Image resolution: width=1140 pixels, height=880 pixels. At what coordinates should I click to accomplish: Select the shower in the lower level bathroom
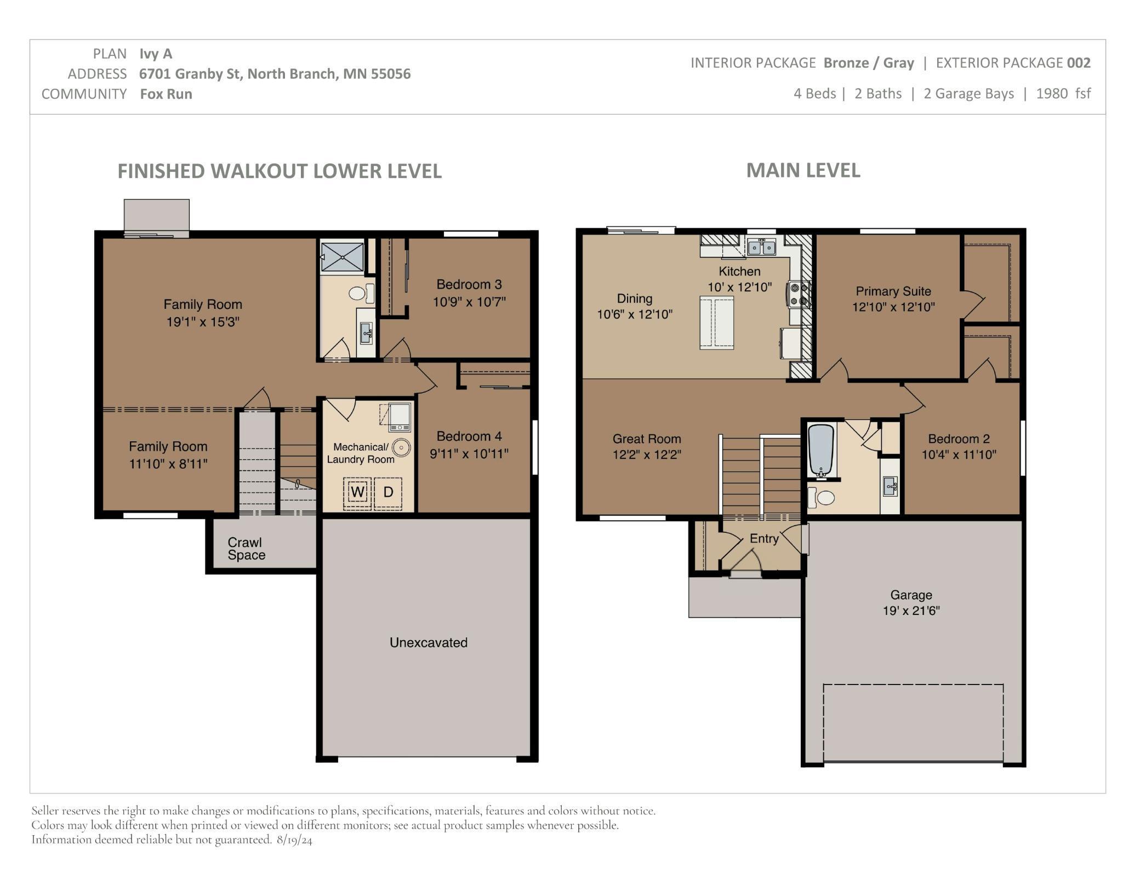point(342,256)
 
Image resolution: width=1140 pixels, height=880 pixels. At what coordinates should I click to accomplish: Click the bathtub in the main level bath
point(820,450)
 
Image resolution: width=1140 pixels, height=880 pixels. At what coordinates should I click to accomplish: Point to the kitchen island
point(716,323)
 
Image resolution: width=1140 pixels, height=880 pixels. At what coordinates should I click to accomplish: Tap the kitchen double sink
point(762,248)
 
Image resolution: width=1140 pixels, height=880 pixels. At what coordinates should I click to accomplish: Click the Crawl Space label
point(246,549)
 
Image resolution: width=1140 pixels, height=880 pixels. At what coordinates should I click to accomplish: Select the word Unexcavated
point(429,642)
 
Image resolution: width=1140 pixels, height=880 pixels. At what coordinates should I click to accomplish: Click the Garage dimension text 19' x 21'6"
point(911,611)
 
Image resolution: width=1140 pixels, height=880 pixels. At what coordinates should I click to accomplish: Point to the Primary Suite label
point(893,291)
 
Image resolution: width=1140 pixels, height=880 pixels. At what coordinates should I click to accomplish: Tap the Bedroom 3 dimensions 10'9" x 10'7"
point(469,302)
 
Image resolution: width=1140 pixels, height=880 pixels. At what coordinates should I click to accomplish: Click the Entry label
point(764,539)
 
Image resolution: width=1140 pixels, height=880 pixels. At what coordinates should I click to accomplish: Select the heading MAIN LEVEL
point(803,170)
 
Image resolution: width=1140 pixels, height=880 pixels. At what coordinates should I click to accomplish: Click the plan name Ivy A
point(156,54)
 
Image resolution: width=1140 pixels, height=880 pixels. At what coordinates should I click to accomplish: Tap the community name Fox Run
point(166,94)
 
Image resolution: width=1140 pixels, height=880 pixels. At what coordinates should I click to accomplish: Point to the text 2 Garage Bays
point(968,94)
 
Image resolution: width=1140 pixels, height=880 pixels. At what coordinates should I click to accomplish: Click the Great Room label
point(647,439)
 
